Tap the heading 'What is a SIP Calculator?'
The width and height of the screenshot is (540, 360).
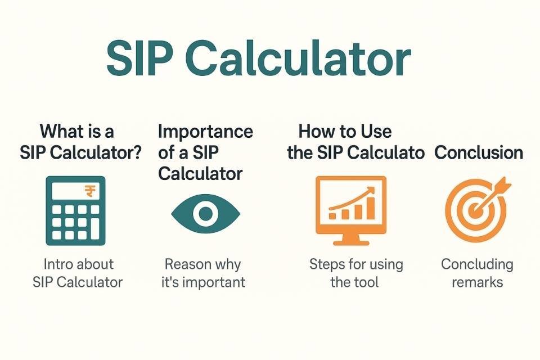coord(80,142)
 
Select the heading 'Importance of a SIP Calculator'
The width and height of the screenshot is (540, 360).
coord(205,152)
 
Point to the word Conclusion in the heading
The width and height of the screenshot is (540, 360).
coord(479,152)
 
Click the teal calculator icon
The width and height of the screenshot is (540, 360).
coord(75,210)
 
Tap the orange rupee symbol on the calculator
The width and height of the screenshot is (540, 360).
coord(90,191)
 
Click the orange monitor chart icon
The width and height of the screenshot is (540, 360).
coord(351,210)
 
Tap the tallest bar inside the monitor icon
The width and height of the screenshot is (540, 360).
coord(371,208)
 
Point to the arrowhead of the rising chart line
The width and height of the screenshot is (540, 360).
coord(371,191)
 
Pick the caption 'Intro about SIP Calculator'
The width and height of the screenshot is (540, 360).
coord(78,273)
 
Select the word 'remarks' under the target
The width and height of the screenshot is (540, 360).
coord(478,282)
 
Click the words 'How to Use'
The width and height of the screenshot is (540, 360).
coord(345,131)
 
